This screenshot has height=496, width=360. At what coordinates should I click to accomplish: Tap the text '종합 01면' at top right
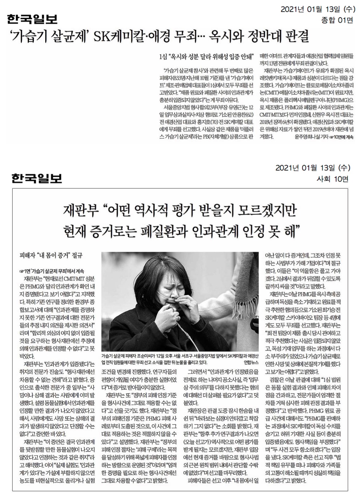point(337,20)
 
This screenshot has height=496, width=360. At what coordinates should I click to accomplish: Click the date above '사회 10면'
point(312,168)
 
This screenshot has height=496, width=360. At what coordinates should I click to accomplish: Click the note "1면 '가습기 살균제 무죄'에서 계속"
point(52,271)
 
